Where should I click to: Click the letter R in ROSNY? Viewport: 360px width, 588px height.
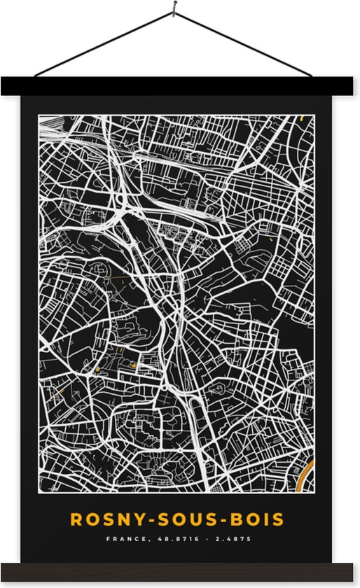pyautogui.click(x=76, y=519)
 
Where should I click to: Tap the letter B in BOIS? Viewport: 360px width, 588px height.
pyautogui.click(x=235, y=519)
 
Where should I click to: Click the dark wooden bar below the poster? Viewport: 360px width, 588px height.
pyautogui.click(x=180, y=572)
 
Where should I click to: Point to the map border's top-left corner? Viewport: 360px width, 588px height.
pyautogui.click(x=39, y=115)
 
